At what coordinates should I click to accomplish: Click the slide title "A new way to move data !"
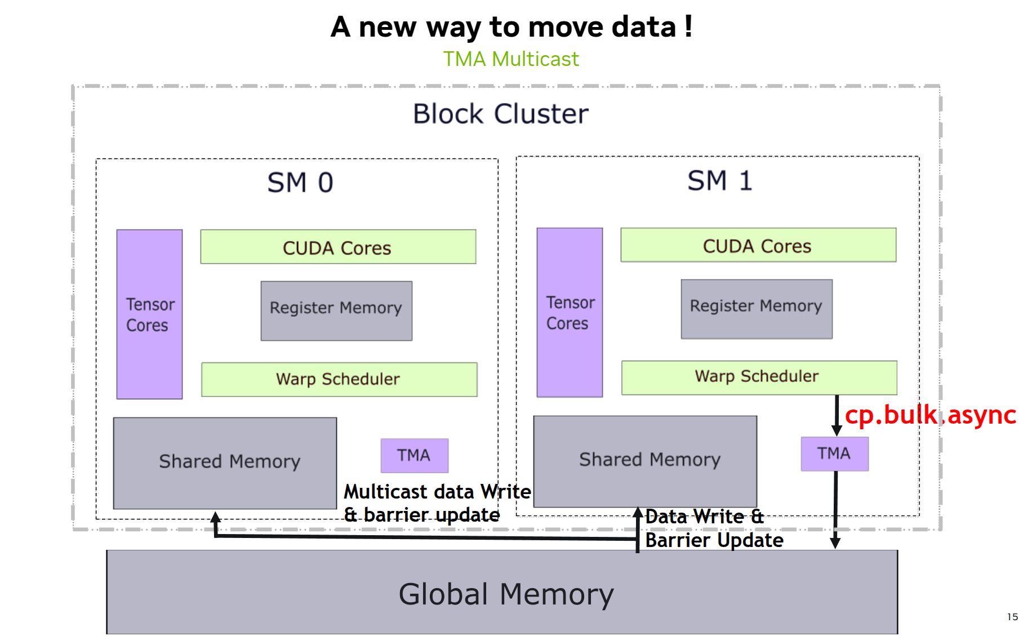pos(511,27)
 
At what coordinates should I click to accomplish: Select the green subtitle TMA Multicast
pos(511,59)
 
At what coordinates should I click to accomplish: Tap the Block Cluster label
pos(500,114)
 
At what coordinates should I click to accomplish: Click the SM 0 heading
pos(300,183)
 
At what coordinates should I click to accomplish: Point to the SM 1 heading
pos(719,181)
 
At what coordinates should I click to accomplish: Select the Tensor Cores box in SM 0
pos(149,314)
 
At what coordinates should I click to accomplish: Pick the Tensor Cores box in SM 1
pos(570,313)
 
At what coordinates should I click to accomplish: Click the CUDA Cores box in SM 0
pos(338,247)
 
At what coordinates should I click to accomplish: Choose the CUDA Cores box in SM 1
pos(758,245)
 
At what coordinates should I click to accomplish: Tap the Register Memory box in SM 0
pos(336,311)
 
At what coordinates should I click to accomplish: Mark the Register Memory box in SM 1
pos(757,309)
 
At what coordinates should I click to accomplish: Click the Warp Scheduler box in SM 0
pos(339,380)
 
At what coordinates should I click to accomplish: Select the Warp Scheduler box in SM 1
pos(759,377)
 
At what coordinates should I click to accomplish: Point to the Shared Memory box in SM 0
pos(225,463)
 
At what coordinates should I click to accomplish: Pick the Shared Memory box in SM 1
pos(645,461)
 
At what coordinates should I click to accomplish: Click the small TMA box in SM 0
pos(414,456)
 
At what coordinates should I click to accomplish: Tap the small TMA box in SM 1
pos(834,454)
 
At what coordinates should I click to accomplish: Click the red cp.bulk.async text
pos(930,416)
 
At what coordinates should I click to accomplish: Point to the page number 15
pos(1012,617)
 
